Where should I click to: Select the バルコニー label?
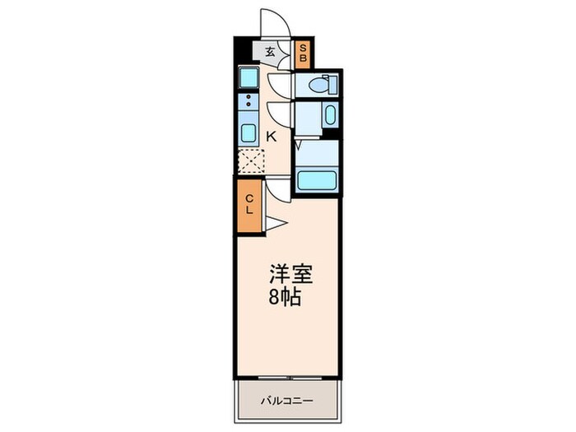click(x=287, y=401)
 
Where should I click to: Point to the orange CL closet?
click(x=250, y=203)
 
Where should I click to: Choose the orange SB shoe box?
click(x=303, y=54)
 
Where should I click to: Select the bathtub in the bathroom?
click(x=315, y=180)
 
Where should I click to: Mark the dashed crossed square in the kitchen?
click(x=250, y=161)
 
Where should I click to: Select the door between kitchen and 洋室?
click(x=281, y=190)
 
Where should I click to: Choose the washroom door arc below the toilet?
click(x=280, y=113)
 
